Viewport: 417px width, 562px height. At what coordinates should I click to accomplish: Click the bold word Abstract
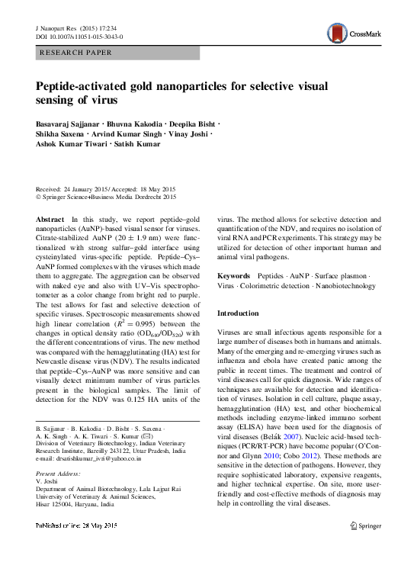(x=50, y=219)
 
